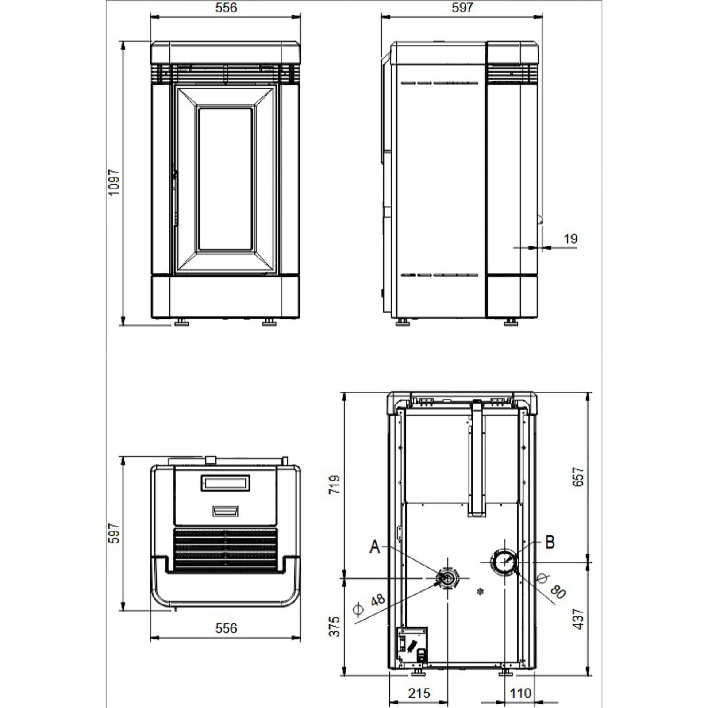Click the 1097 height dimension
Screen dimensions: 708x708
(114, 182)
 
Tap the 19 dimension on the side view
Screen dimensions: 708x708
(570, 239)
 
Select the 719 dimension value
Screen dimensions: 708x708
(335, 485)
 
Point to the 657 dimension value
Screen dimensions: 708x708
(578, 477)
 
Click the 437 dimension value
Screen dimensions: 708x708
(578, 619)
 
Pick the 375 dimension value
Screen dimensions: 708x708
(335, 626)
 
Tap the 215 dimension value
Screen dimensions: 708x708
(419, 693)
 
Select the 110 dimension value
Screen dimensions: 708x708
(520, 693)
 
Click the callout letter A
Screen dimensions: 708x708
(375, 547)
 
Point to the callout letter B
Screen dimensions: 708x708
(550, 542)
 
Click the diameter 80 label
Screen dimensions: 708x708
(551, 585)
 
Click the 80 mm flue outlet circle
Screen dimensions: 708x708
(504, 562)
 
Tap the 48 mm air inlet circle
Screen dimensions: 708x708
(447, 578)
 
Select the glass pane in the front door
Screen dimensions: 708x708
(226, 179)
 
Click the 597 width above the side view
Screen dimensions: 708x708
(462, 8)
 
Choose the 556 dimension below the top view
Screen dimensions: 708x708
(226, 628)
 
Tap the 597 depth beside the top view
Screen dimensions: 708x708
(114, 533)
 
